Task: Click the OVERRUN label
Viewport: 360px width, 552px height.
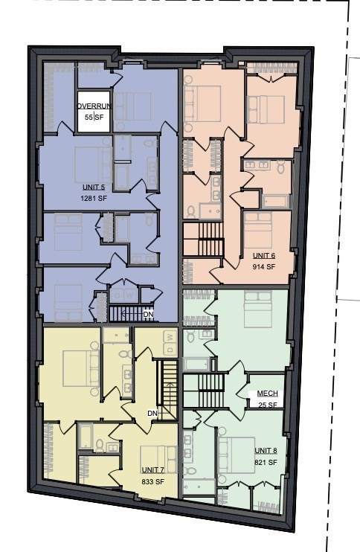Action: coord(94,106)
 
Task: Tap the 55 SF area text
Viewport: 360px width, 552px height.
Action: coord(94,118)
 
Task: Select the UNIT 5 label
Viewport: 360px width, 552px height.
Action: coord(94,187)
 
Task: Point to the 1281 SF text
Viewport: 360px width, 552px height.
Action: coord(94,199)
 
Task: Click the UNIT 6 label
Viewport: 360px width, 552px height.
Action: coord(263,255)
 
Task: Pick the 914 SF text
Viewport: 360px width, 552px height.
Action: coord(263,266)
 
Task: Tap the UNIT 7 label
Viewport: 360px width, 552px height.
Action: coord(153,470)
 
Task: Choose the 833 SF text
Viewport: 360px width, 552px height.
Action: coord(153,481)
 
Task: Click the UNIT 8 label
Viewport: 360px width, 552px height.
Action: coord(266,451)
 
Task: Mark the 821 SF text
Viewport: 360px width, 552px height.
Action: coord(266,462)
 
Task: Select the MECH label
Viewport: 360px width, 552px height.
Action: coord(267,394)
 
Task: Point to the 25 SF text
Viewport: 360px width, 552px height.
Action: coord(267,405)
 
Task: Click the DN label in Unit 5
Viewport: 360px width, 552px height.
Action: coord(148,314)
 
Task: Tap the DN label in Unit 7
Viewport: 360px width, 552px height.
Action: coord(152,413)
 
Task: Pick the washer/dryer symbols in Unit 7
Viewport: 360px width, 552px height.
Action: coord(169,343)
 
